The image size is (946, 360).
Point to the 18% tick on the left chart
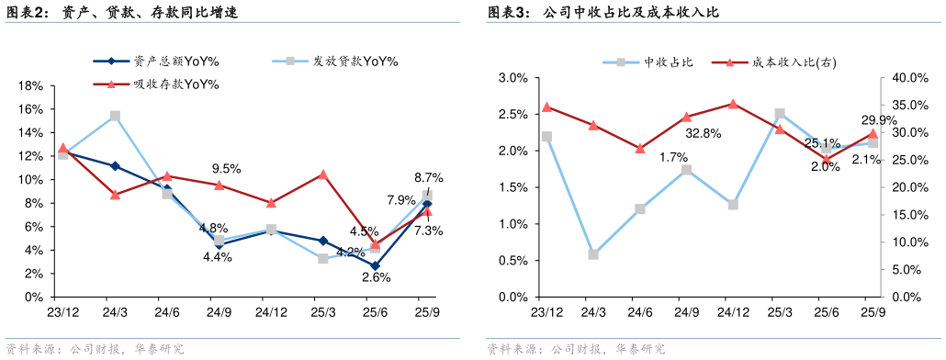pos(32,85)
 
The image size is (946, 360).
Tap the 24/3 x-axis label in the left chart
pos(115,312)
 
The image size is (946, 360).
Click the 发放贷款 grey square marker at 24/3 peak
pos(115,117)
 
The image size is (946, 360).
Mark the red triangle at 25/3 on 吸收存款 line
pos(323,174)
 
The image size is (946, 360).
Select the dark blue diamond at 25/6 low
pos(375,266)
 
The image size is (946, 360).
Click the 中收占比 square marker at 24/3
pos(593,254)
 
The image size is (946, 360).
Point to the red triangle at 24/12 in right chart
pos(733,104)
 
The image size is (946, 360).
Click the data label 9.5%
pos(226,168)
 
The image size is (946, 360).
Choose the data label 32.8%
pos(704,133)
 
